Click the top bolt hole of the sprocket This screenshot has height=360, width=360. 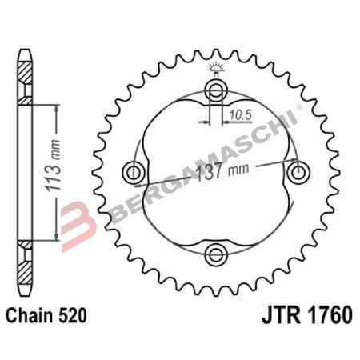point(214,87)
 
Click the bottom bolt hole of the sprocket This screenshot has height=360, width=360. point(214,254)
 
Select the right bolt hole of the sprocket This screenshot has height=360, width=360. point(298,170)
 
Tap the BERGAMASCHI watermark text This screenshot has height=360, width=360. point(192,178)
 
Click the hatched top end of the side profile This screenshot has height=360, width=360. point(25,81)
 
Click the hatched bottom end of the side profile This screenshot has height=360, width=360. point(25,263)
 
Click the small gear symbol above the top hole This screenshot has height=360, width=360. point(214,67)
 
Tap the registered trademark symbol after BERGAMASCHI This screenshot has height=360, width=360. point(300,106)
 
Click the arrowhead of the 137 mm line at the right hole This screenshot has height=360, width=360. point(290,166)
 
